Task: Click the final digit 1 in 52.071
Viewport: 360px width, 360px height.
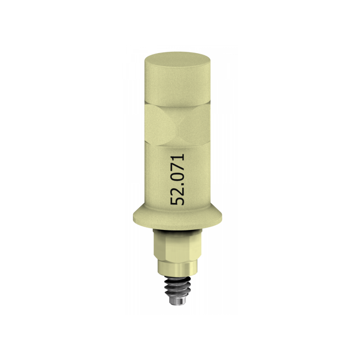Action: coord(177,157)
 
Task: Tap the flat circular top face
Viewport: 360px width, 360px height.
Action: coord(178,60)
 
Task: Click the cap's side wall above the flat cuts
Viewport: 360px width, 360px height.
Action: coord(178,87)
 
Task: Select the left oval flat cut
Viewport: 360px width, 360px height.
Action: coord(160,125)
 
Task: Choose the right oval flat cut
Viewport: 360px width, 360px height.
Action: coord(196,125)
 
